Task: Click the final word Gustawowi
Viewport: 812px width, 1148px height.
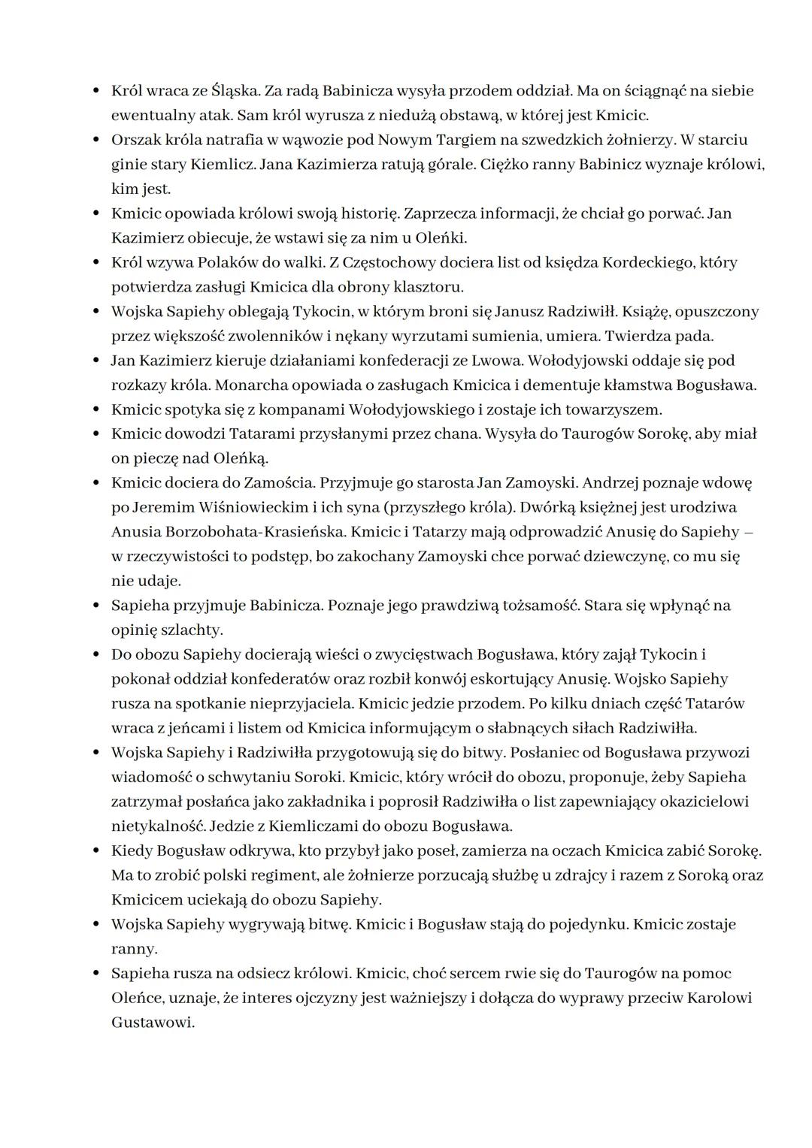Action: (x=153, y=1023)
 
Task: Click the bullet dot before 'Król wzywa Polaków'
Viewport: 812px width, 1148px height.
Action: (x=95, y=263)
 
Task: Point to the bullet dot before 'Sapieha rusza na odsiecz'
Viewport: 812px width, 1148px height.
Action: (x=95, y=974)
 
